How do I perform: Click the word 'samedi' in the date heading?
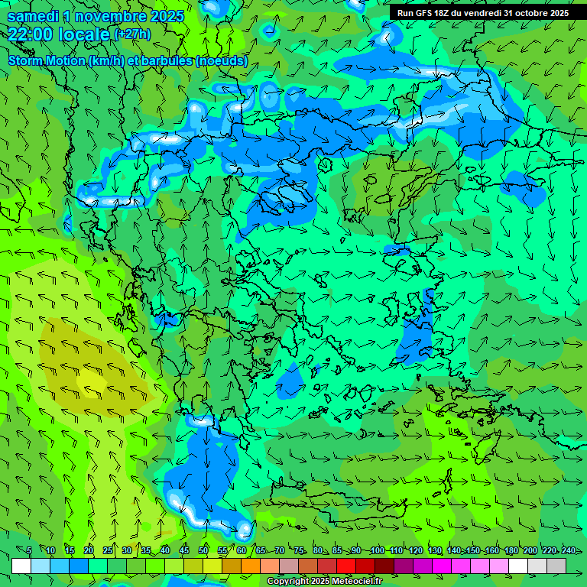[x=33, y=16]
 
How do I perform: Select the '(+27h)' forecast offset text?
[x=132, y=34]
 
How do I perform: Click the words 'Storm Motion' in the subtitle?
[x=47, y=61]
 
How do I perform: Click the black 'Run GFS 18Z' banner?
[x=482, y=13]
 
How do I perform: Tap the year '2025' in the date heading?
[x=167, y=16]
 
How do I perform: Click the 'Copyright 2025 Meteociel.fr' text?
[x=324, y=582]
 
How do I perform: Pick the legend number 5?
[x=29, y=550]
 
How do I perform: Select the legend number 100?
[x=377, y=550]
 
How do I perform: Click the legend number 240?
[x=568, y=550]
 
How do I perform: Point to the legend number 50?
[x=203, y=550]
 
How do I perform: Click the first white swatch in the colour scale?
[x=21, y=566]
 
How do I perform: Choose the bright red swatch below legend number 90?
[x=346, y=566]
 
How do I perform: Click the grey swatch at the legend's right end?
[x=556, y=566]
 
